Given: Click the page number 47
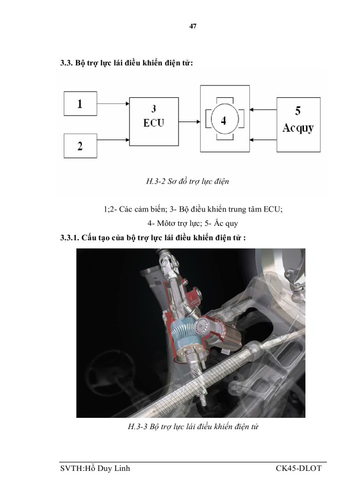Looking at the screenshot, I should coord(193,26).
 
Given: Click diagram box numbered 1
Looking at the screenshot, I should coord(80,103).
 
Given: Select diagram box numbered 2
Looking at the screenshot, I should coord(80,146).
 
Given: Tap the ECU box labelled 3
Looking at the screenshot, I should coord(154,121).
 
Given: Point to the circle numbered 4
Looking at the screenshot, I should coord(223,121).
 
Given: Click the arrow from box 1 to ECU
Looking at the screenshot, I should coord(113,103).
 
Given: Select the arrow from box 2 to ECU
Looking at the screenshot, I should coord(113,139).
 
